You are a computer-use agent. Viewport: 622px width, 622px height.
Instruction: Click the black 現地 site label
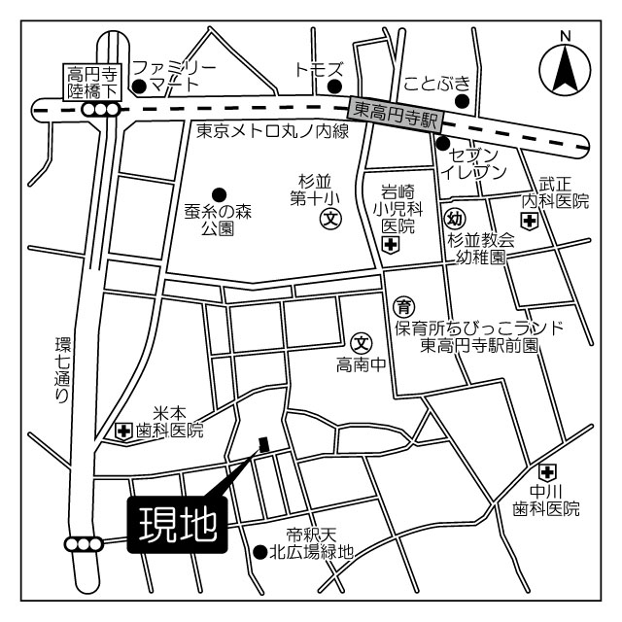pos(176,526)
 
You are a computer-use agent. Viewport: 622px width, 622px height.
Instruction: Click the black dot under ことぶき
pos(463,99)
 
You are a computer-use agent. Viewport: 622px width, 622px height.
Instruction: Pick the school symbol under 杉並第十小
pos(330,220)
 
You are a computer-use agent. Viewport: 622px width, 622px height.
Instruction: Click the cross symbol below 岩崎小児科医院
pos(390,246)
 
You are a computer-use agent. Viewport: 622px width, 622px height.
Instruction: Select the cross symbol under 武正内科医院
pos(530,222)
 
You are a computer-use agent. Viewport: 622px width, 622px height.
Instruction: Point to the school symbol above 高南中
pos(362,343)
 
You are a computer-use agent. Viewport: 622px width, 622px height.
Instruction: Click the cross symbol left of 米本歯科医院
pos(124,431)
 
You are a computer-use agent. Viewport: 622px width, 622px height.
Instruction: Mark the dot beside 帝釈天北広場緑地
pos(259,552)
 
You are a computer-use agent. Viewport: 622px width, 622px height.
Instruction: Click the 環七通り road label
pos(63,369)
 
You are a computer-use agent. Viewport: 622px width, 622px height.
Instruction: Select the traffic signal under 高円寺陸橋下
pos(100,111)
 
